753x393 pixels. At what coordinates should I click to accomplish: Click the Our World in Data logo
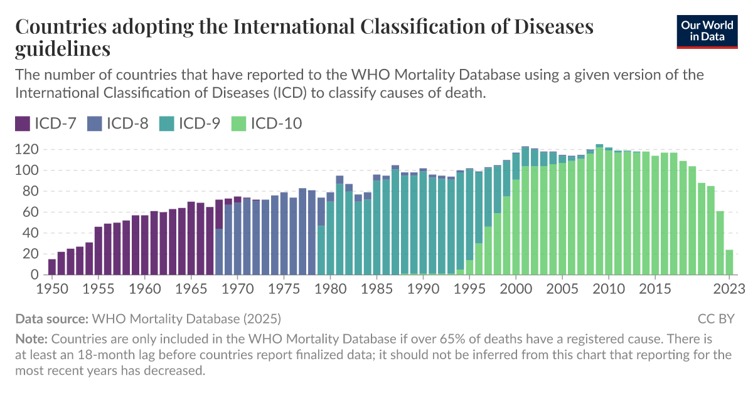click(707, 31)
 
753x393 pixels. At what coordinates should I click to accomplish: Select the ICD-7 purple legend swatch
click(23, 123)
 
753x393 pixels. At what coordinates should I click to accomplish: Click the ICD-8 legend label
click(127, 123)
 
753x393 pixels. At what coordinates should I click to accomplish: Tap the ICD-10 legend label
click(276, 123)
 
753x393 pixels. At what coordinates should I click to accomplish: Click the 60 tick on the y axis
click(31, 212)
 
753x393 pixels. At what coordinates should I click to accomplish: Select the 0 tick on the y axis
click(35, 275)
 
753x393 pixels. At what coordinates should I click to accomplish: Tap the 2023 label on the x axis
click(729, 289)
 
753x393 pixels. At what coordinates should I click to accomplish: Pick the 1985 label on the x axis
click(376, 289)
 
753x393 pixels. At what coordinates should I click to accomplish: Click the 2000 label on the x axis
click(516, 289)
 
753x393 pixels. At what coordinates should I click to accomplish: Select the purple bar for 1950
click(52, 267)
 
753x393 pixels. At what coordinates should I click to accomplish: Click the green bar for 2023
click(729, 263)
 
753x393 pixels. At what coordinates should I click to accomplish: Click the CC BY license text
click(715, 318)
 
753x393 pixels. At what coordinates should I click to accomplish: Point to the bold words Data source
click(51, 318)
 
